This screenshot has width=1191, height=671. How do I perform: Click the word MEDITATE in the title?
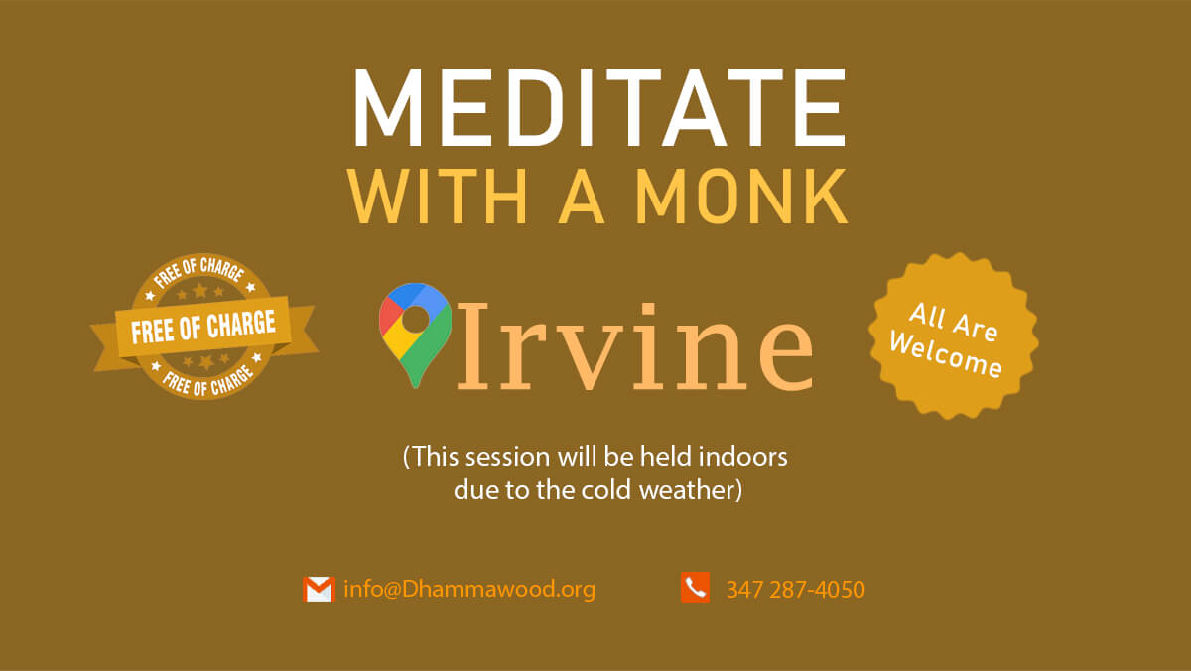pyautogui.click(x=599, y=107)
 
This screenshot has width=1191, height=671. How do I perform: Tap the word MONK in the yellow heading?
pyautogui.click(x=742, y=197)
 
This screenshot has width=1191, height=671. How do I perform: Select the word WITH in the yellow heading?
pyautogui.click(x=437, y=197)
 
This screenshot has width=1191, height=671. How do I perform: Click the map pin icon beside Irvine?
pyautogui.click(x=415, y=335)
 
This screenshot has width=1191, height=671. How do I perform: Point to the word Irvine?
pyautogui.click(x=634, y=346)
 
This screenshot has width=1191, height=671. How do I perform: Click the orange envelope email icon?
pyautogui.click(x=319, y=589)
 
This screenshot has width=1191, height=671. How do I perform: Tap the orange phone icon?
pyautogui.click(x=695, y=587)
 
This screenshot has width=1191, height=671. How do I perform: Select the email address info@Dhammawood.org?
pyautogui.click(x=468, y=590)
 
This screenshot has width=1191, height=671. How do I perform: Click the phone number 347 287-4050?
pyautogui.click(x=795, y=590)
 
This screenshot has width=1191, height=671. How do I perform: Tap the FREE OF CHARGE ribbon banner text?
pyautogui.click(x=203, y=327)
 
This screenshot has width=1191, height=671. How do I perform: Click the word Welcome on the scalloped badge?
pyautogui.click(x=946, y=354)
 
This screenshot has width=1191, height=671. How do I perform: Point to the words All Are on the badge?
pyautogui.click(x=954, y=322)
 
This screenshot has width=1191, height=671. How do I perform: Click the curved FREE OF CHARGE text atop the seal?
pyautogui.click(x=199, y=271)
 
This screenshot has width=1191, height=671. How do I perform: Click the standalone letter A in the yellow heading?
pyautogui.click(x=582, y=197)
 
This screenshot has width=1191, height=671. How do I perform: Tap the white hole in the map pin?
pyautogui.click(x=415, y=319)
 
